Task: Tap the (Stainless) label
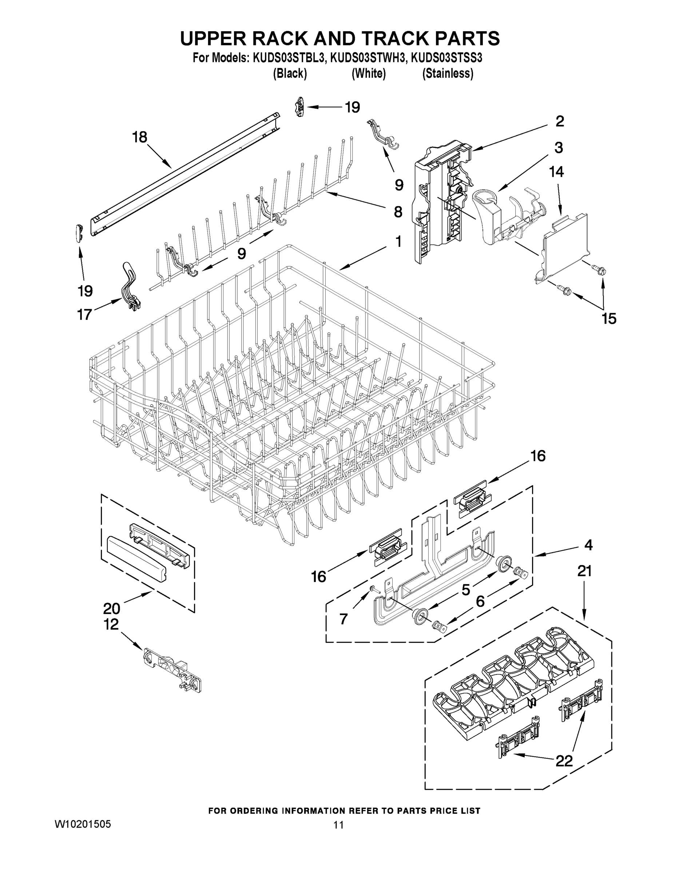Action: pos(448,74)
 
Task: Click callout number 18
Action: pos(140,137)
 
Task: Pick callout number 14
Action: pos(556,172)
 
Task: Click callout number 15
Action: pos(609,319)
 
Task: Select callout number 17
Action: pos(84,315)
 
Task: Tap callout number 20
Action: pos(112,609)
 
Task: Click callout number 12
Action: pos(112,624)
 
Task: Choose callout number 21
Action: pos(584,571)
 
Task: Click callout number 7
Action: pos(344,619)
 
